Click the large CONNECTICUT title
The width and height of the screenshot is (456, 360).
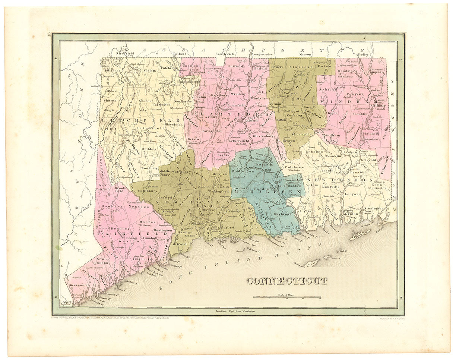tap(287, 281)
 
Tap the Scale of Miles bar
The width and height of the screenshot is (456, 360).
tap(287, 297)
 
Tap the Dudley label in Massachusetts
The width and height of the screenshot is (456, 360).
tap(363, 54)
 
